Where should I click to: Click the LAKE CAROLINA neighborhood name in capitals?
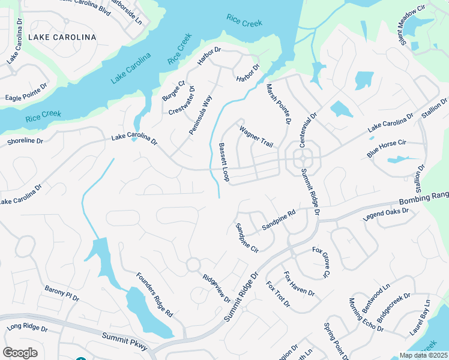[x=62, y=37]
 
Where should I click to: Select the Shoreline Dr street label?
[x=25, y=142]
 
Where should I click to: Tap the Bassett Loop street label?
[x=224, y=162]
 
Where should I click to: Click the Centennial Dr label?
[x=312, y=127]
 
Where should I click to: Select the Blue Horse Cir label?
[x=387, y=149]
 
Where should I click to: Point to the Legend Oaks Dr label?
[x=386, y=214]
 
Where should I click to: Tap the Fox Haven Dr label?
[x=299, y=284]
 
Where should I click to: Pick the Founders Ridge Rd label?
[x=154, y=295]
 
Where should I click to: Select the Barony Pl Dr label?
[x=62, y=293]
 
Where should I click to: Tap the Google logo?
[x=20, y=352]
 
